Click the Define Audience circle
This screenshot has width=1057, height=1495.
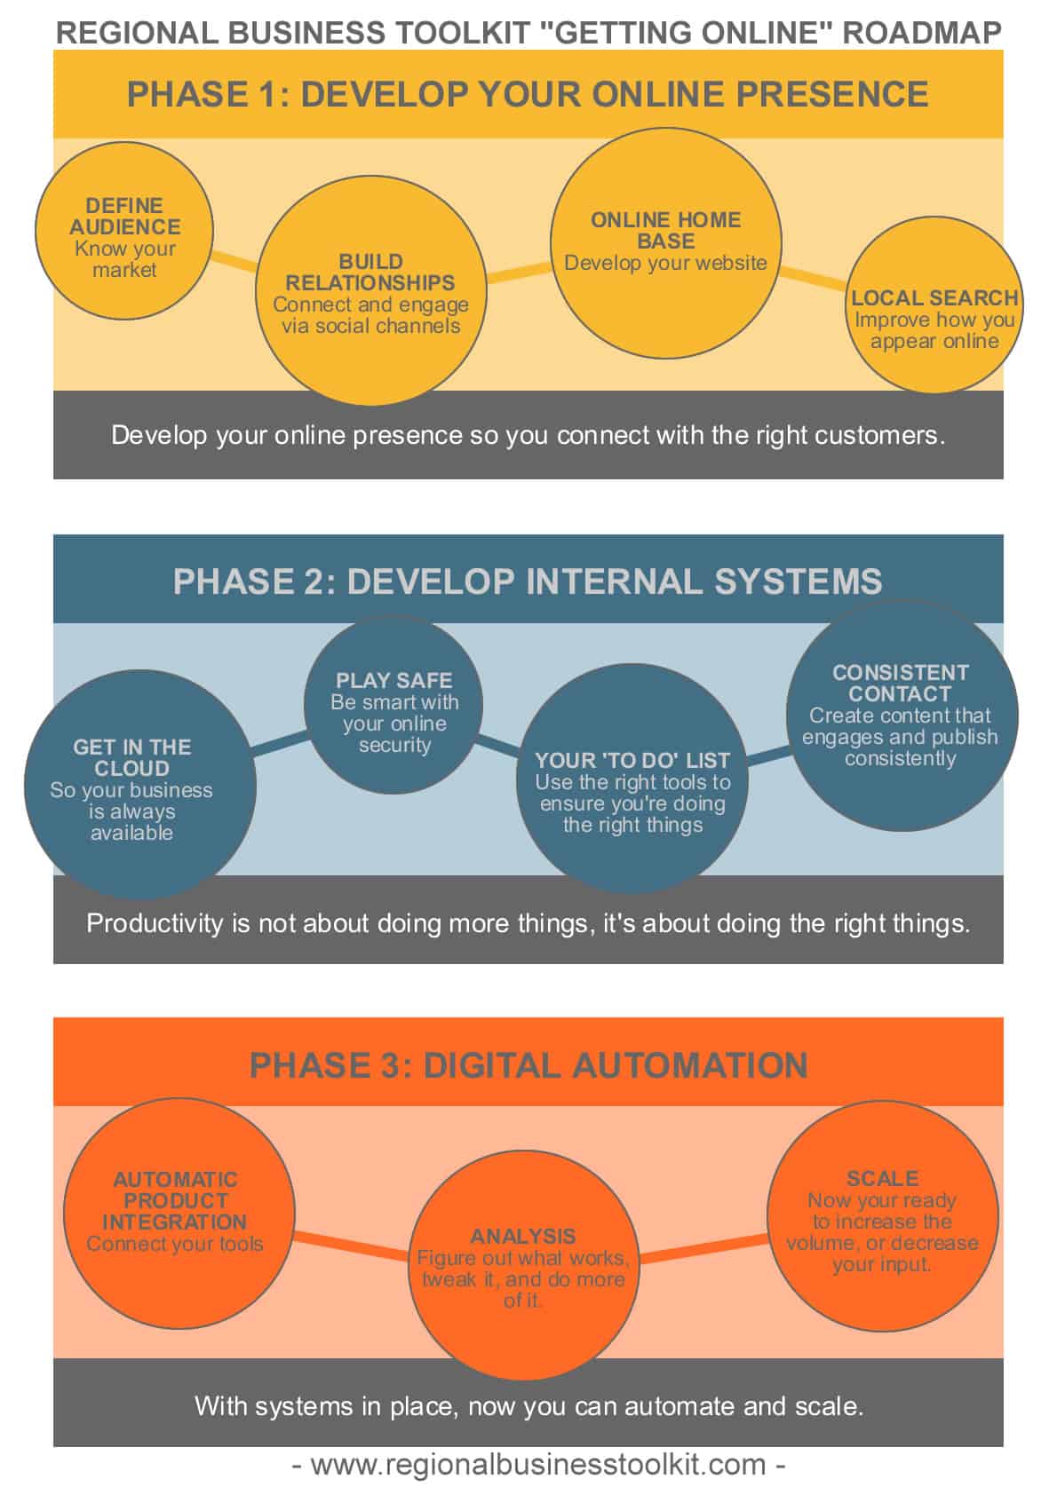point(124,231)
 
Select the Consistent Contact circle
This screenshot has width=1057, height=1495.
point(901,715)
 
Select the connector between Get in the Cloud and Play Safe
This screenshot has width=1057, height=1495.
point(280,745)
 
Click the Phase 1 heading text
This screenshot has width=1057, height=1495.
point(528,94)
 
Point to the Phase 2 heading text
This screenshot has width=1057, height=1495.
point(528,581)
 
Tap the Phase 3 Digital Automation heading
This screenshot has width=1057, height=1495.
point(528,1064)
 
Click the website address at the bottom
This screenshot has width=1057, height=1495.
point(538,1464)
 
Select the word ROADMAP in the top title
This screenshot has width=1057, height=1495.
point(921,33)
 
